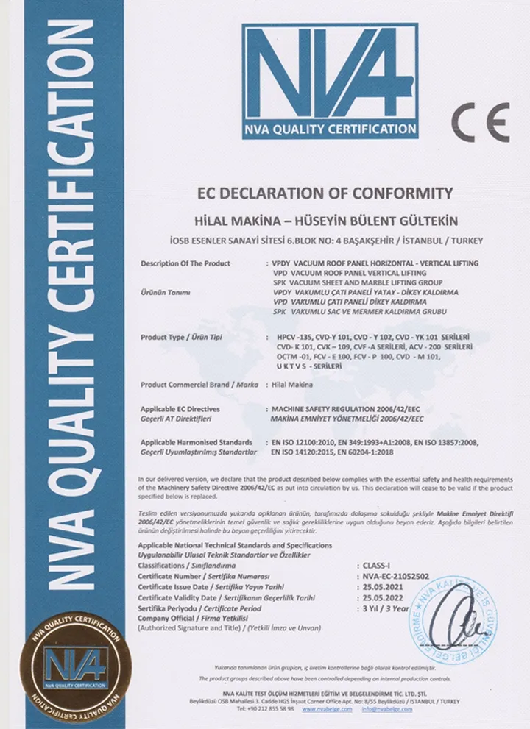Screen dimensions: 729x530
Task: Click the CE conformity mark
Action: click(480, 123)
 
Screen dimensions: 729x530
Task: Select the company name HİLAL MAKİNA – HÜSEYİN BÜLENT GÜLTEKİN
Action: click(325, 221)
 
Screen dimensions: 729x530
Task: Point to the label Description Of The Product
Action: click(185, 263)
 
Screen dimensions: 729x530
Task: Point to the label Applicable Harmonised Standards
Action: click(197, 442)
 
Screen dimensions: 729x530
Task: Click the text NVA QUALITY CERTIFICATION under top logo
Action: click(331, 129)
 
